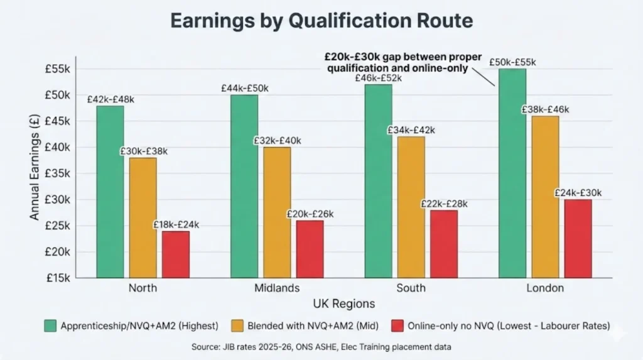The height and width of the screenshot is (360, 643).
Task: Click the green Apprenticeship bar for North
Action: pyautogui.click(x=110, y=192)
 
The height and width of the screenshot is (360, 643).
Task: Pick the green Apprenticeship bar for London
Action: pyautogui.click(x=512, y=173)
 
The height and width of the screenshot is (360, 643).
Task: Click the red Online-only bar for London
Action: pyautogui.click(x=578, y=239)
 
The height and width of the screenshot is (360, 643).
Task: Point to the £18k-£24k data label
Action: pyautogui.click(x=176, y=224)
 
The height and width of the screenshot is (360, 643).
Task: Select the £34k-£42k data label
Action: pyautogui.click(x=411, y=130)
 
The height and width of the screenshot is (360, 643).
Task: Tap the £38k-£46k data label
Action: pyautogui.click(x=545, y=109)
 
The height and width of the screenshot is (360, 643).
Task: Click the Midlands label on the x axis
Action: pyautogui.click(x=277, y=288)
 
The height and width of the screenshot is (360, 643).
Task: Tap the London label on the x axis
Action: pyautogui.click(x=545, y=288)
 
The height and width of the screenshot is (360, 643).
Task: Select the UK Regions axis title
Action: pyautogui.click(x=343, y=304)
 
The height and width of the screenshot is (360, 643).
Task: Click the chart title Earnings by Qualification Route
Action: pyautogui.click(x=321, y=21)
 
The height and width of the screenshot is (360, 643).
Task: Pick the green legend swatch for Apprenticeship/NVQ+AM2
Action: pyautogui.click(x=50, y=325)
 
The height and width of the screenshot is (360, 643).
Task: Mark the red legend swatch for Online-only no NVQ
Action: pyautogui.click(x=397, y=325)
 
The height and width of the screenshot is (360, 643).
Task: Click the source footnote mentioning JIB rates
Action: pyautogui.click(x=321, y=347)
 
